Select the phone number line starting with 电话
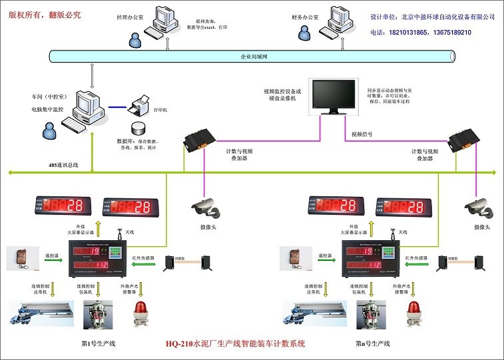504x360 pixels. coord(420,32)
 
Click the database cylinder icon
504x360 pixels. coord(138,128)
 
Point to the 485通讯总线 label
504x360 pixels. coord(63,164)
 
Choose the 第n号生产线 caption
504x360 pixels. coord(373,343)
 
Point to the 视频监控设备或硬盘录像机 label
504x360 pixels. coord(283,94)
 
